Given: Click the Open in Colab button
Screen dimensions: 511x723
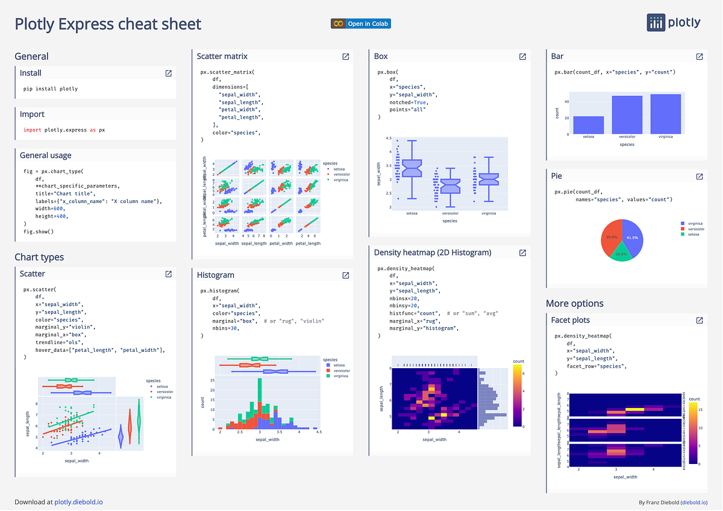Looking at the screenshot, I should click(x=361, y=24).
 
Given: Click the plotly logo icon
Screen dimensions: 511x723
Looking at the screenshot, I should click(x=656, y=22).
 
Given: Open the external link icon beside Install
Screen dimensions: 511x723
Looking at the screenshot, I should click(x=168, y=73).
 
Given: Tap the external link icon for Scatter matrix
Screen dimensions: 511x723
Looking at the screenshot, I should click(x=346, y=56).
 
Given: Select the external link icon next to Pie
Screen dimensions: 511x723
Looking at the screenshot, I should click(x=700, y=177).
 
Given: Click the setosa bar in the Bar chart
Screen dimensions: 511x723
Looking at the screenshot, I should click(x=588, y=125).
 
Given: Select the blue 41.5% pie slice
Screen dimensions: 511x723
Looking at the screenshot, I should click(x=633, y=235).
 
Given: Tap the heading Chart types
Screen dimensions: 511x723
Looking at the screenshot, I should click(x=39, y=257).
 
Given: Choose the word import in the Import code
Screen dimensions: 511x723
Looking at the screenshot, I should click(x=32, y=130).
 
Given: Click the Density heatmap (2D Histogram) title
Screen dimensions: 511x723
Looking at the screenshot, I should click(x=433, y=252).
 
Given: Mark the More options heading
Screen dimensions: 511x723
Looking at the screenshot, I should click(x=574, y=303).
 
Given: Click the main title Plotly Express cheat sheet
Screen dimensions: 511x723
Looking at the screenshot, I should click(x=108, y=24).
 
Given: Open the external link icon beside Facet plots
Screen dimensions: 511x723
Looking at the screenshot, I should click(x=700, y=320).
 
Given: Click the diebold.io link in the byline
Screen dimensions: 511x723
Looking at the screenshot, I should click(x=693, y=502).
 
